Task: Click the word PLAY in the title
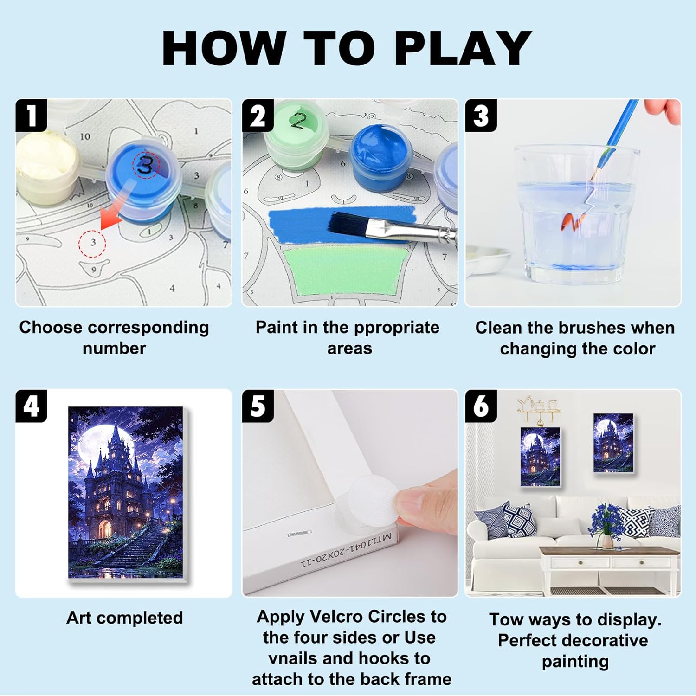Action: pyautogui.click(x=463, y=48)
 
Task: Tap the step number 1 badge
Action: pyautogui.click(x=32, y=116)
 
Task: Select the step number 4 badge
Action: pyautogui.click(x=32, y=406)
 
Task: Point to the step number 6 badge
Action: pyautogui.click(x=481, y=406)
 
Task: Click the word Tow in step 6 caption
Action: pyautogui.click(x=507, y=620)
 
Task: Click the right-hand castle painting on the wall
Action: pyautogui.click(x=613, y=443)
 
